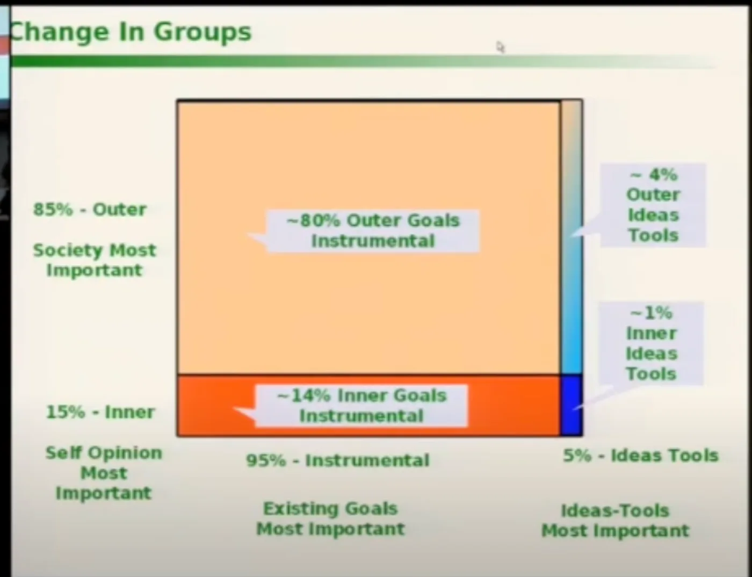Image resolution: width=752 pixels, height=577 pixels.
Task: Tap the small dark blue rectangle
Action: [572, 405]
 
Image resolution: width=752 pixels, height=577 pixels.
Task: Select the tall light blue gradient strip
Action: [572, 237]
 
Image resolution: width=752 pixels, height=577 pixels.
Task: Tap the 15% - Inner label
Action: [100, 412]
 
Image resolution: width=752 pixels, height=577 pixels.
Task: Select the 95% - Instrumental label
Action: [338, 460]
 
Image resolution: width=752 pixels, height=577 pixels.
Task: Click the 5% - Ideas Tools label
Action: [641, 455]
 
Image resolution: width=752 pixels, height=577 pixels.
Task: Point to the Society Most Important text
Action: [95, 260]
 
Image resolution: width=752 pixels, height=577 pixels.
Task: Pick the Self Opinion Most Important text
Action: [104, 473]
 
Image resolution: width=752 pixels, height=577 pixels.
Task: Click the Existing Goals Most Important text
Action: [330, 519]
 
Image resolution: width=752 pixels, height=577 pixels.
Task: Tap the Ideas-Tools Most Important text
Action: [616, 521]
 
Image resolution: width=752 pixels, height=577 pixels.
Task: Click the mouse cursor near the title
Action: [501, 47]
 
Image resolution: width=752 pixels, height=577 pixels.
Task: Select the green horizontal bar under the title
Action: [363, 62]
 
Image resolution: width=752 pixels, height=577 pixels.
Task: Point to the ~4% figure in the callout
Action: [653, 175]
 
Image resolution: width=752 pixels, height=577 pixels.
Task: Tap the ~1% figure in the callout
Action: [652, 313]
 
